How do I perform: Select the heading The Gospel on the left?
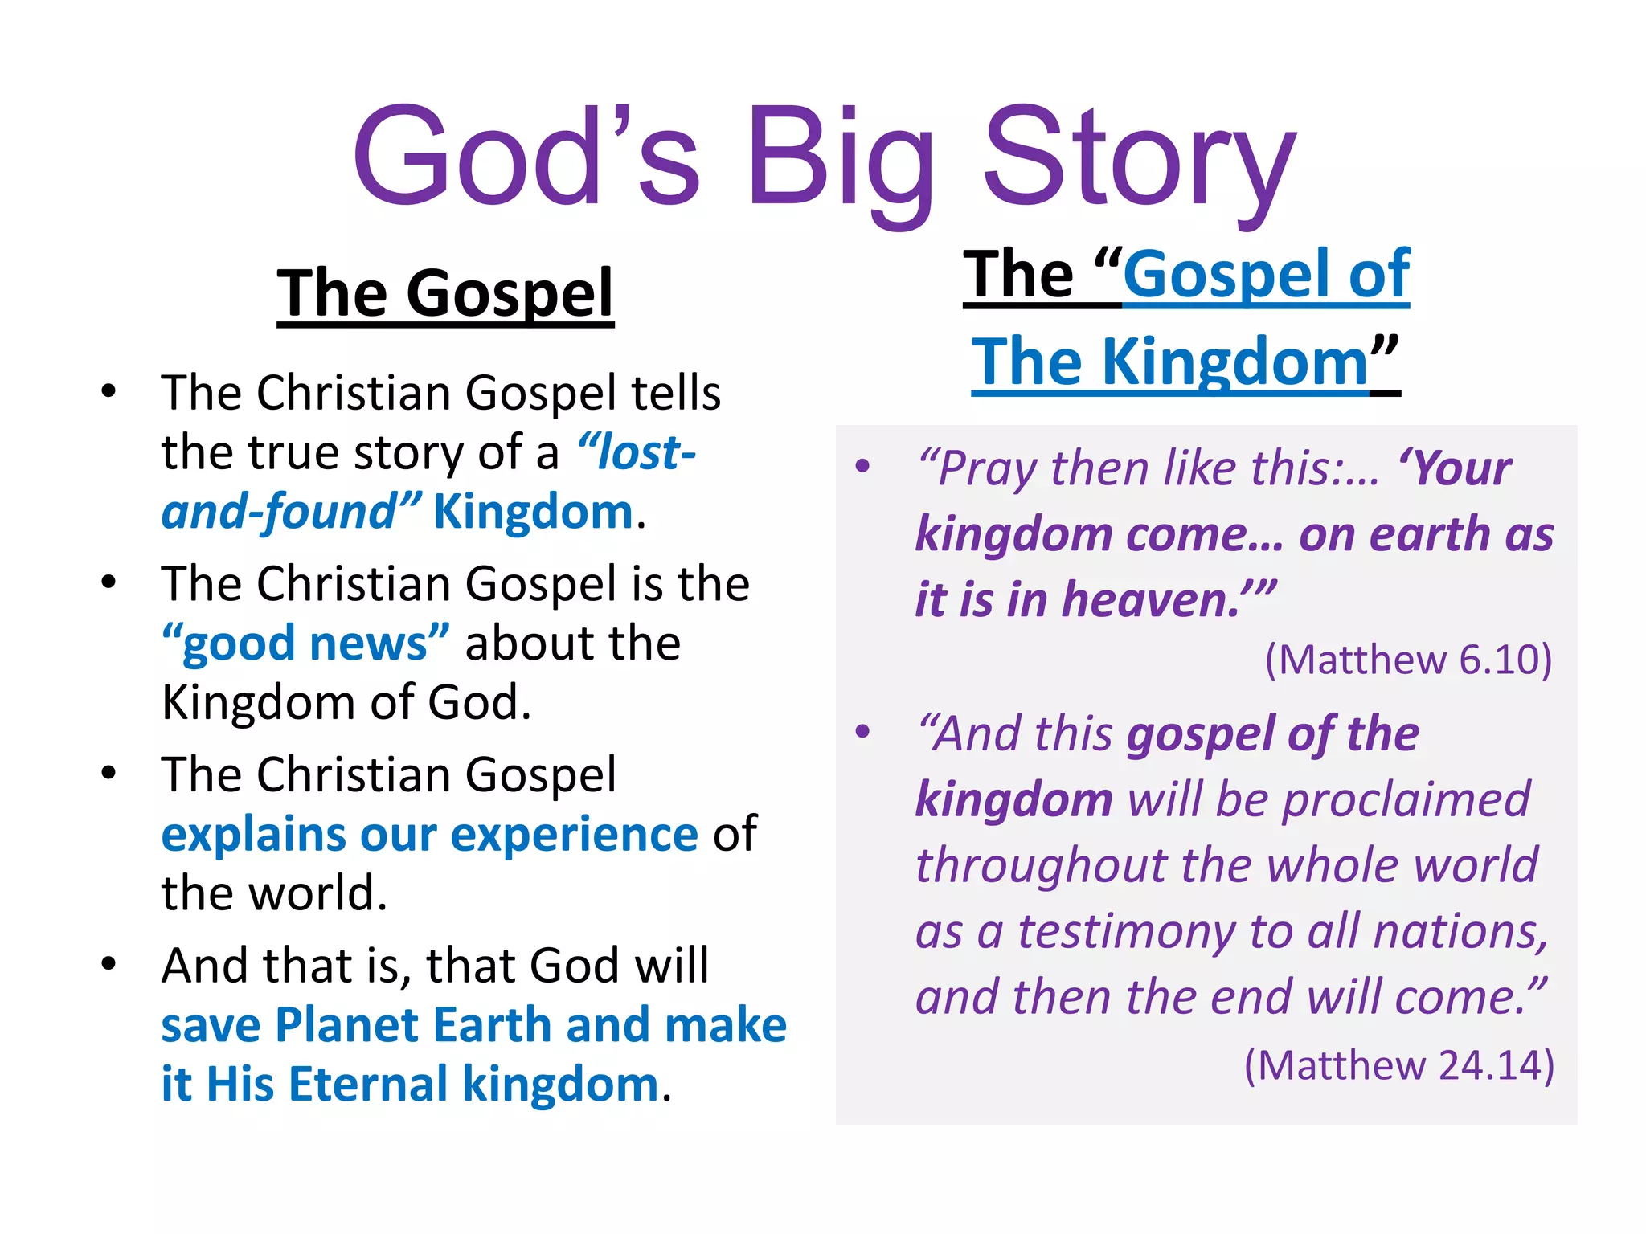[445, 294]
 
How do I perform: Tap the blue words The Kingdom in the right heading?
[1170, 362]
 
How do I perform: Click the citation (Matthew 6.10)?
[1408, 660]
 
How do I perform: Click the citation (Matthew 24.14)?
[1398, 1065]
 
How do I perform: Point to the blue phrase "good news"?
[305, 644]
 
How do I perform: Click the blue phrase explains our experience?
[429, 834]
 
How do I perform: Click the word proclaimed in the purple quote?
[1406, 800]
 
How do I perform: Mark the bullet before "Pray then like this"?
[863, 467]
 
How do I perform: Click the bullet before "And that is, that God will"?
[109, 963]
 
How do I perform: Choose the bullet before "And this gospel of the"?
[863, 732]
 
